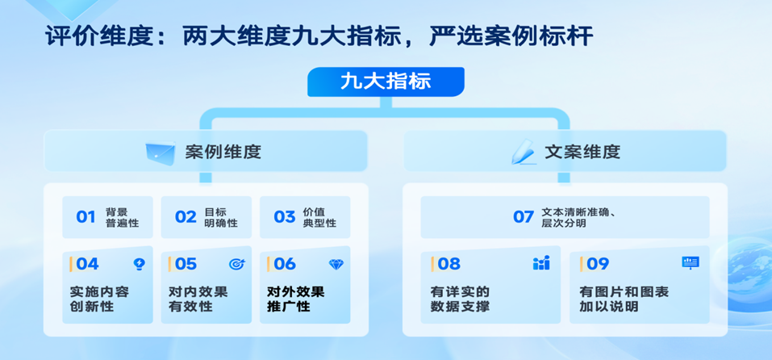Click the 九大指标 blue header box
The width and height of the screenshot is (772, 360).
[386, 82]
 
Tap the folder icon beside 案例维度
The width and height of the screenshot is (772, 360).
[161, 153]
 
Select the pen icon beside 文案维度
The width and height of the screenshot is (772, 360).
[523, 152]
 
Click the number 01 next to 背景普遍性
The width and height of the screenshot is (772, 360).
[86, 217]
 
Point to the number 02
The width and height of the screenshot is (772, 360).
[186, 217]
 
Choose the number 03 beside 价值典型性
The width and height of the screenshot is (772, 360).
[285, 217]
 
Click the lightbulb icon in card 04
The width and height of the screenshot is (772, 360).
[140, 265]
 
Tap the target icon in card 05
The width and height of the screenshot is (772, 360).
[237, 265]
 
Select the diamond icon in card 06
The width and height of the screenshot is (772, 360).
[336, 265]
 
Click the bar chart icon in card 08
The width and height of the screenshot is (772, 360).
[541, 263]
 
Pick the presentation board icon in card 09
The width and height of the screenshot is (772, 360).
[691, 263]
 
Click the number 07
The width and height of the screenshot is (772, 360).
[524, 217]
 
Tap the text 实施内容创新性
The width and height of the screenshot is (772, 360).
[99, 299]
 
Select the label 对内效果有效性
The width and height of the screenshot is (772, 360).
[198, 299]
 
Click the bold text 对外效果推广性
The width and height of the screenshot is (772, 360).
[296, 299]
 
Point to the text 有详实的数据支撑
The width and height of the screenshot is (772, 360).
[460, 299]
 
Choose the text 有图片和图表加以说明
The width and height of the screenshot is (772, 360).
[624, 299]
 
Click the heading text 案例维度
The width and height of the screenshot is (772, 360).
[223, 153]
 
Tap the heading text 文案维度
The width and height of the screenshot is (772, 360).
[582, 153]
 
